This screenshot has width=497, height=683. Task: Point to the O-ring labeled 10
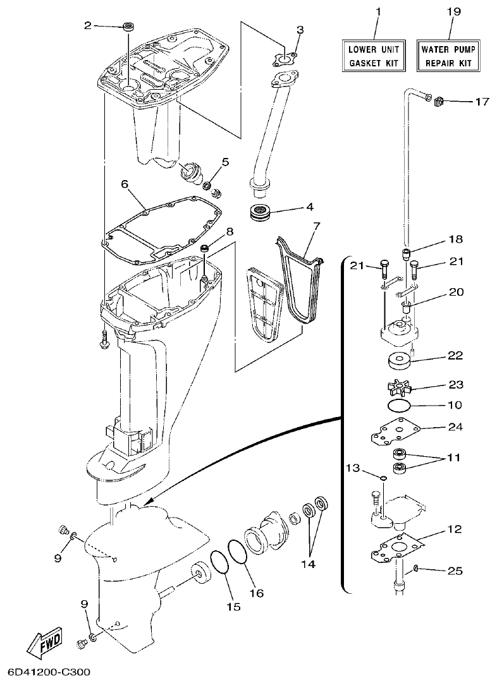coord(396,404)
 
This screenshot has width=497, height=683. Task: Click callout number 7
coord(316,225)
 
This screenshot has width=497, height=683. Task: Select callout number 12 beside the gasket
coord(455,528)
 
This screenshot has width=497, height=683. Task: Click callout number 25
coord(455,571)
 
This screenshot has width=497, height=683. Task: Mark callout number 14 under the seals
coord(308,563)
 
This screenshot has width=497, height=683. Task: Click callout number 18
coord(455,239)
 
